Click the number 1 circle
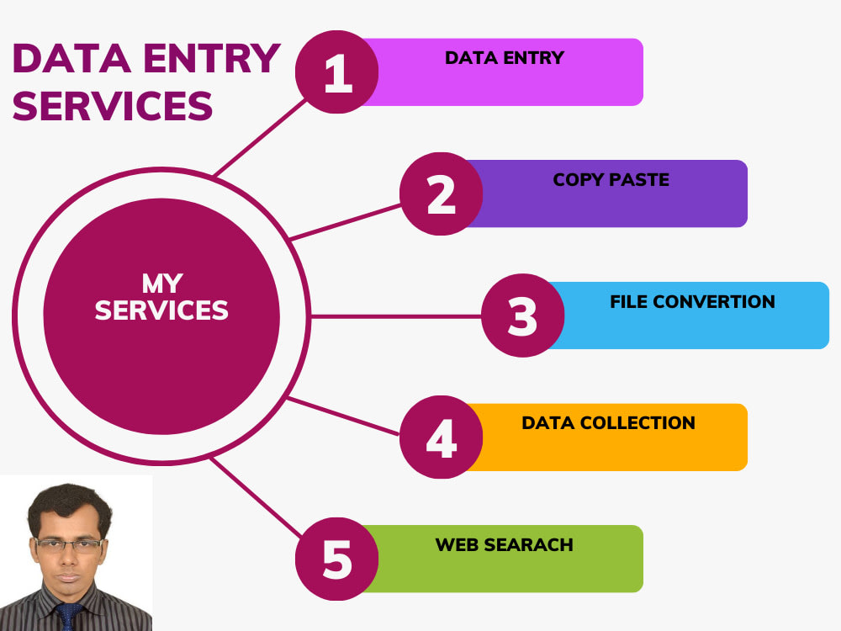click(337, 72)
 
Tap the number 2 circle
click(441, 194)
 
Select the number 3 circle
click(522, 315)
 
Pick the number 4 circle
click(441, 437)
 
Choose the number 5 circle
click(337, 559)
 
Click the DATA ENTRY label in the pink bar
click(505, 58)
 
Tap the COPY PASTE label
click(611, 180)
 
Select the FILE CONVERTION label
click(692, 301)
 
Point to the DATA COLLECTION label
click(608, 423)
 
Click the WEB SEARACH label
click(504, 544)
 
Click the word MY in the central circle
click(162, 284)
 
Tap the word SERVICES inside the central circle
click(161, 310)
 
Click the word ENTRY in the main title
click(212, 58)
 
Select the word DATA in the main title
click(71, 58)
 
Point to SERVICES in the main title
click(113, 105)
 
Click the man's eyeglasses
click(69, 546)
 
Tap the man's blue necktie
click(68, 616)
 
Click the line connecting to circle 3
click(396, 316)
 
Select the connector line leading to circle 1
click(260, 137)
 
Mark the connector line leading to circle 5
click(256, 497)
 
